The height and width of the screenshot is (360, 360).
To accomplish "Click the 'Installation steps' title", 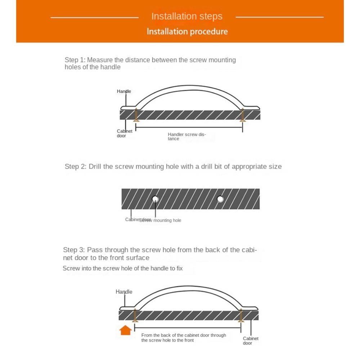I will pos(187,16).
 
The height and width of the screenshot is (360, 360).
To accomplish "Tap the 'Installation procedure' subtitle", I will pos(187,31).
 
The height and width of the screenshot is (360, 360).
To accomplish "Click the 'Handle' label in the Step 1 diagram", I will pos(124,91).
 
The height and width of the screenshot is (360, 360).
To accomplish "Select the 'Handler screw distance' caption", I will pos(186,136).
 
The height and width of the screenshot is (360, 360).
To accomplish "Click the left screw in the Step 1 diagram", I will pos(136,115).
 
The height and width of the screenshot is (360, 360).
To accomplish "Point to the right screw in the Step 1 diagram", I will pos(243,115).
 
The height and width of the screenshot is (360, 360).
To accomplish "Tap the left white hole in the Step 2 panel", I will pos(155,199).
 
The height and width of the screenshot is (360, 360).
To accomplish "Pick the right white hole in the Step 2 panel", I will pos(220,199).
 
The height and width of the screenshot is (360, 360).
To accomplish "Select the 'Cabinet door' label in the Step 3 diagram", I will pos(250,341).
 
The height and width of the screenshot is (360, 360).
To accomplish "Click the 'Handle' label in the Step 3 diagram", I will pos(124,292).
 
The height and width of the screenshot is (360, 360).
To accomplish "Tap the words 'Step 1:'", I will pos(75,60).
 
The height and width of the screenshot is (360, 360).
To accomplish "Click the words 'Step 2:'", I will pos(76,166).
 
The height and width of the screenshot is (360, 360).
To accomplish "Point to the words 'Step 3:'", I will pos(74,250).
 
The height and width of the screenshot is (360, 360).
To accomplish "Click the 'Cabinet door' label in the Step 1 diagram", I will pos(124,134).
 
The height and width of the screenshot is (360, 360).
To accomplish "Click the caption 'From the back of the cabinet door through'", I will pos(184,335).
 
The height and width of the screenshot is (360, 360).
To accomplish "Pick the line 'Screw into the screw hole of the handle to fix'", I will pos(123,268).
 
